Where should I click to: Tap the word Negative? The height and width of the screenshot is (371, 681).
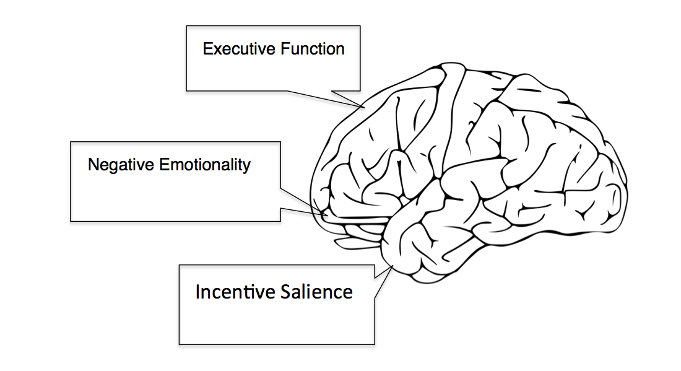point(121,165)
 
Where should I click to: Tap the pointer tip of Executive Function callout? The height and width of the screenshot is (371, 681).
point(365,107)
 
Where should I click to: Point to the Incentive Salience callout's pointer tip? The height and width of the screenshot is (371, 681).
point(393,266)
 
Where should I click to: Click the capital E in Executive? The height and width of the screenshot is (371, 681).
point(207,49)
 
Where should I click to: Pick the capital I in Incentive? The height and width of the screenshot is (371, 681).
point(198,292)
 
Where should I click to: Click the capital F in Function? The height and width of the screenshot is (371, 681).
point(282,49)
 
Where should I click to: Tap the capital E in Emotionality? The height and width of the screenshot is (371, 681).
point(163,165)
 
